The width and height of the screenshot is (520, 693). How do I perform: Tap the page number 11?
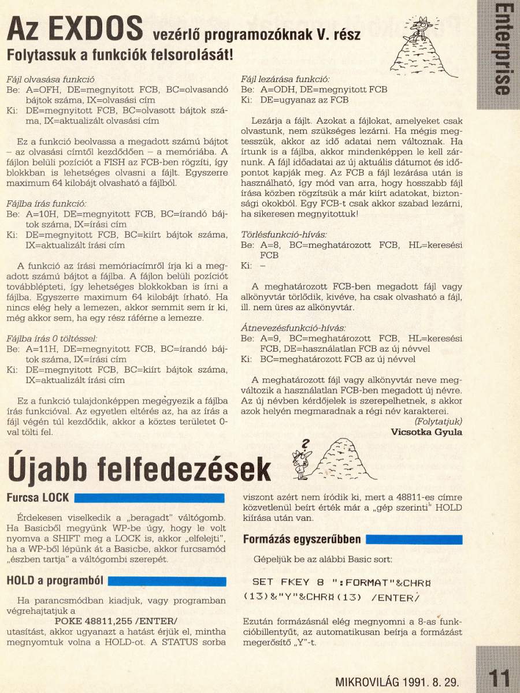click(498, 677)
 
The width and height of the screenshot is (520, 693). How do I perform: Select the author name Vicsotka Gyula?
click(426, 432)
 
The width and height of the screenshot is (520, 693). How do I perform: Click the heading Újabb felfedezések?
click(139, 469)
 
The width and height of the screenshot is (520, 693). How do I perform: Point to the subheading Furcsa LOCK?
click(38, 497)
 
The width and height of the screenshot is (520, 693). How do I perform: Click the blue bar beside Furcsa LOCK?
click(150, 498)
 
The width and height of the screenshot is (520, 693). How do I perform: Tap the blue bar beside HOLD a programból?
click(167, 581)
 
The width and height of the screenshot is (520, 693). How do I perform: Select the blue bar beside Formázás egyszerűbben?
click(414, 540)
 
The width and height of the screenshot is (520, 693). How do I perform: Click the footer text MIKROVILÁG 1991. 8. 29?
click(397, 681)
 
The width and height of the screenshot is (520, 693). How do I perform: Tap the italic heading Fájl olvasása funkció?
click(50, 79)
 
